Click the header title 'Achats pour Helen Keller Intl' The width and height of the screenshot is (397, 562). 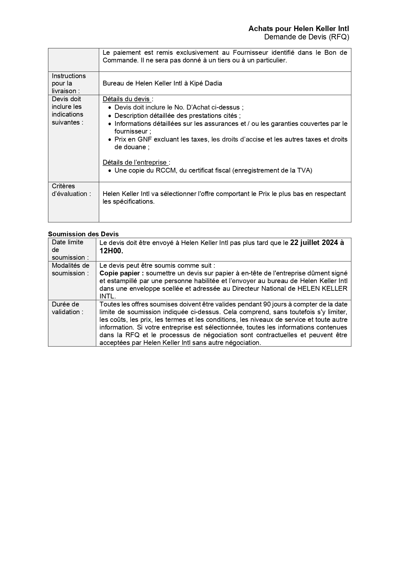pos(298,29)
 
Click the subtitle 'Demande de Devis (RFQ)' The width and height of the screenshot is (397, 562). pos(306,37)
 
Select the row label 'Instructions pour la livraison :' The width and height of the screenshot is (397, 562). pos(69,83)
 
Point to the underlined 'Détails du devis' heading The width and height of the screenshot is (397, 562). pos(126,99)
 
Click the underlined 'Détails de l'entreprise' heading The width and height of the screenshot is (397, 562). pos(135,162)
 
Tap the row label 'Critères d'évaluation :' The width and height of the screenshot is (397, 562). pos(71,190)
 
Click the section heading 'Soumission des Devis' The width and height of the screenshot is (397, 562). pos(83,234)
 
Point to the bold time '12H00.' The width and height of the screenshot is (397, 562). pos(111,251)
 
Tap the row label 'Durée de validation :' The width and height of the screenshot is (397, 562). pos(67,308)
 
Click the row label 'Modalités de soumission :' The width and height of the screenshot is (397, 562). pos(71,269)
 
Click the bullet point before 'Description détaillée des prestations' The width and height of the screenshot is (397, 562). pos(110,116)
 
